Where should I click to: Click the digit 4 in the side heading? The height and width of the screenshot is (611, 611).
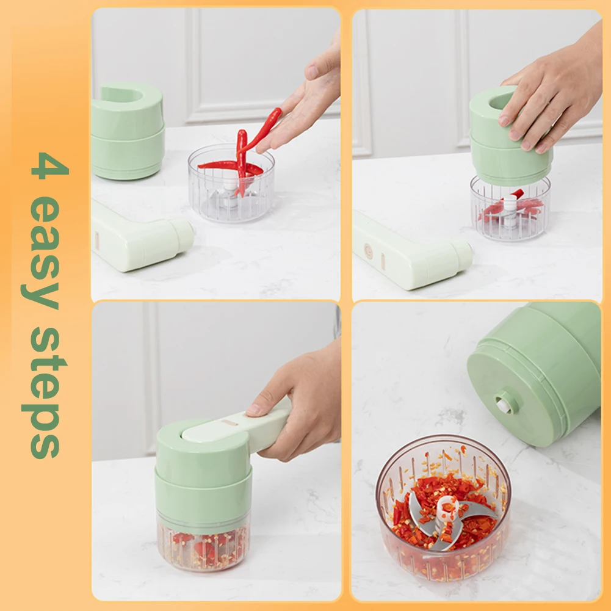pos(49,165)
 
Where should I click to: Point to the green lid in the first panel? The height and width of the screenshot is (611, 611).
pos(127,131)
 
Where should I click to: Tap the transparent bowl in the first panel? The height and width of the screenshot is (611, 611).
pos(231,184)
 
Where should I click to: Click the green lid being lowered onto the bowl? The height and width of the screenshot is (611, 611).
pos(510,136)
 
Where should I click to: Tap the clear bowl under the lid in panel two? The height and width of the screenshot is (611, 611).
pos(510,209)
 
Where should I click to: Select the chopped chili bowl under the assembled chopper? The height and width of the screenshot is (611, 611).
pos(203,544)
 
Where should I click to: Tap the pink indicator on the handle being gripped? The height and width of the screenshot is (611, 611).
pos(230,422)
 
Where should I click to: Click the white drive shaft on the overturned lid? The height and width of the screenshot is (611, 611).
pos(504,405)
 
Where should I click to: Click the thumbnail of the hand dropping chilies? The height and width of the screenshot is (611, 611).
pos(312,72)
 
